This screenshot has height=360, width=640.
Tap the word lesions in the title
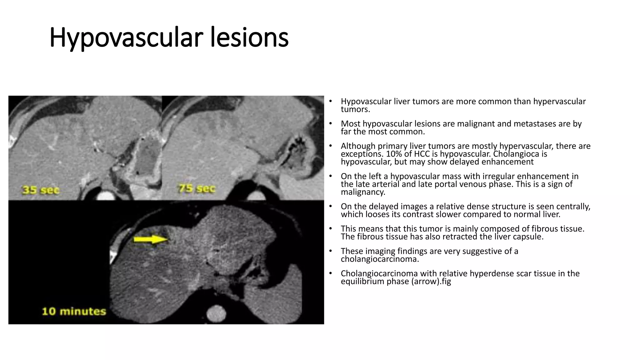pos(249,38)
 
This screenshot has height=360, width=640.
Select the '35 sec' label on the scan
pos(41,190)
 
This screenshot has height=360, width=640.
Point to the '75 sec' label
pos(197,188)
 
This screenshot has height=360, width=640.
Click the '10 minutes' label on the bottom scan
pos(74,311)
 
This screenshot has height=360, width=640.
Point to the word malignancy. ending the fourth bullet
pos(363,192)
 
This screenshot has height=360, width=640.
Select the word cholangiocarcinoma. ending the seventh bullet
pos(380,259)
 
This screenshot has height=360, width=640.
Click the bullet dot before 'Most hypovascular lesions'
pos(330,124)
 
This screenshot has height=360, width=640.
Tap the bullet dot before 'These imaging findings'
pos(330,251)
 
